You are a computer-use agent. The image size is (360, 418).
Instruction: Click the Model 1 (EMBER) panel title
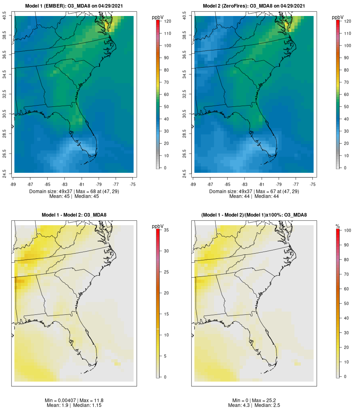tap(74, 6)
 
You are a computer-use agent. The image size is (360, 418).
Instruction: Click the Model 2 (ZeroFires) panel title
tap(254, 6)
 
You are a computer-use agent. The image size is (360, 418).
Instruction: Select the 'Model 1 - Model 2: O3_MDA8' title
tap(74, 215)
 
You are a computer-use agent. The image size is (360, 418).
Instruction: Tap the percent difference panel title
tap(254, 215)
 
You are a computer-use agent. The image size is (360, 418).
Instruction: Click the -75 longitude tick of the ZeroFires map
tap(313, 184)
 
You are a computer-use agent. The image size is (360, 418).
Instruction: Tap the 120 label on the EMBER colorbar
tap(167, 21)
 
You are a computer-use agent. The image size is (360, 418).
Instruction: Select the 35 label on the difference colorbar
tap(166, 230)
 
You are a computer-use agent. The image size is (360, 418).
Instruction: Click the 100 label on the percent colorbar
tap(347, 231)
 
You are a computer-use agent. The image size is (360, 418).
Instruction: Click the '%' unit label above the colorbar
tap(338, 226)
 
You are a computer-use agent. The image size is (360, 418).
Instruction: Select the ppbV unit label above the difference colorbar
tap(157, 226)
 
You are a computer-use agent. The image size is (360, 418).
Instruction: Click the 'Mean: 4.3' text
tap(240, 406)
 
